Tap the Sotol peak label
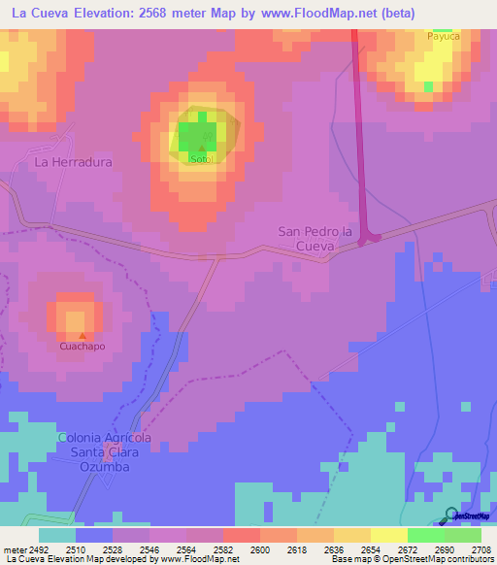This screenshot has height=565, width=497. [x=201, y=158]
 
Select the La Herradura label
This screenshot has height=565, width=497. [x=74, y=162]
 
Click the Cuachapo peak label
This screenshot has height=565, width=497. [x=82, y=346]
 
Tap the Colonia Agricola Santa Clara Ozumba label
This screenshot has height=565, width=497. [x=105, y=452]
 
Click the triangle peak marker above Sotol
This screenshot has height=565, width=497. [x=201, y=148]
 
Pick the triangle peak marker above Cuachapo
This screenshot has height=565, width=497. [x=82, y=335]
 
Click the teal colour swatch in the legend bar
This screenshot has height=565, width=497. [x=57, y=535]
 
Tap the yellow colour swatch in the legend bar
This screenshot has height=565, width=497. [x=388, y=535]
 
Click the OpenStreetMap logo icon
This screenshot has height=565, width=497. [x=451, y=515]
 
